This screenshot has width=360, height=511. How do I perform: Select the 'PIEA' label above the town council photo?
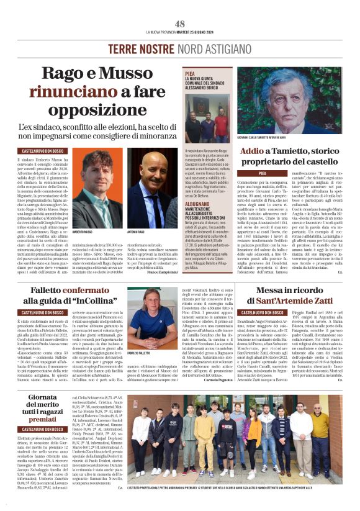tap(190, 73)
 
